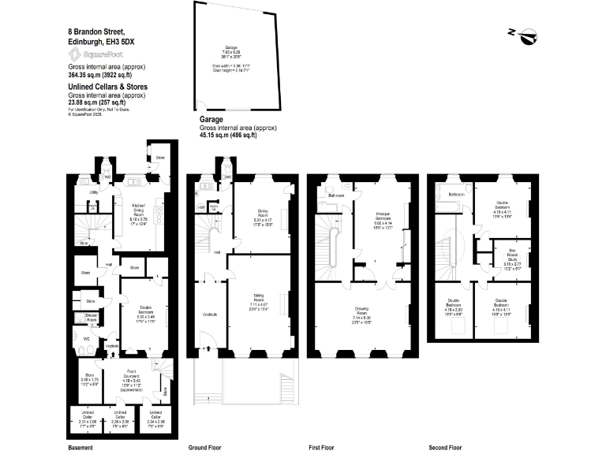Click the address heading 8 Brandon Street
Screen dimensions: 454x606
[95, 32]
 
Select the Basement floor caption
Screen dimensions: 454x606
[81, 447]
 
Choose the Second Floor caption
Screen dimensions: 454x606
[443, 447]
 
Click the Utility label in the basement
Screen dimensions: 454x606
[93, 192]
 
